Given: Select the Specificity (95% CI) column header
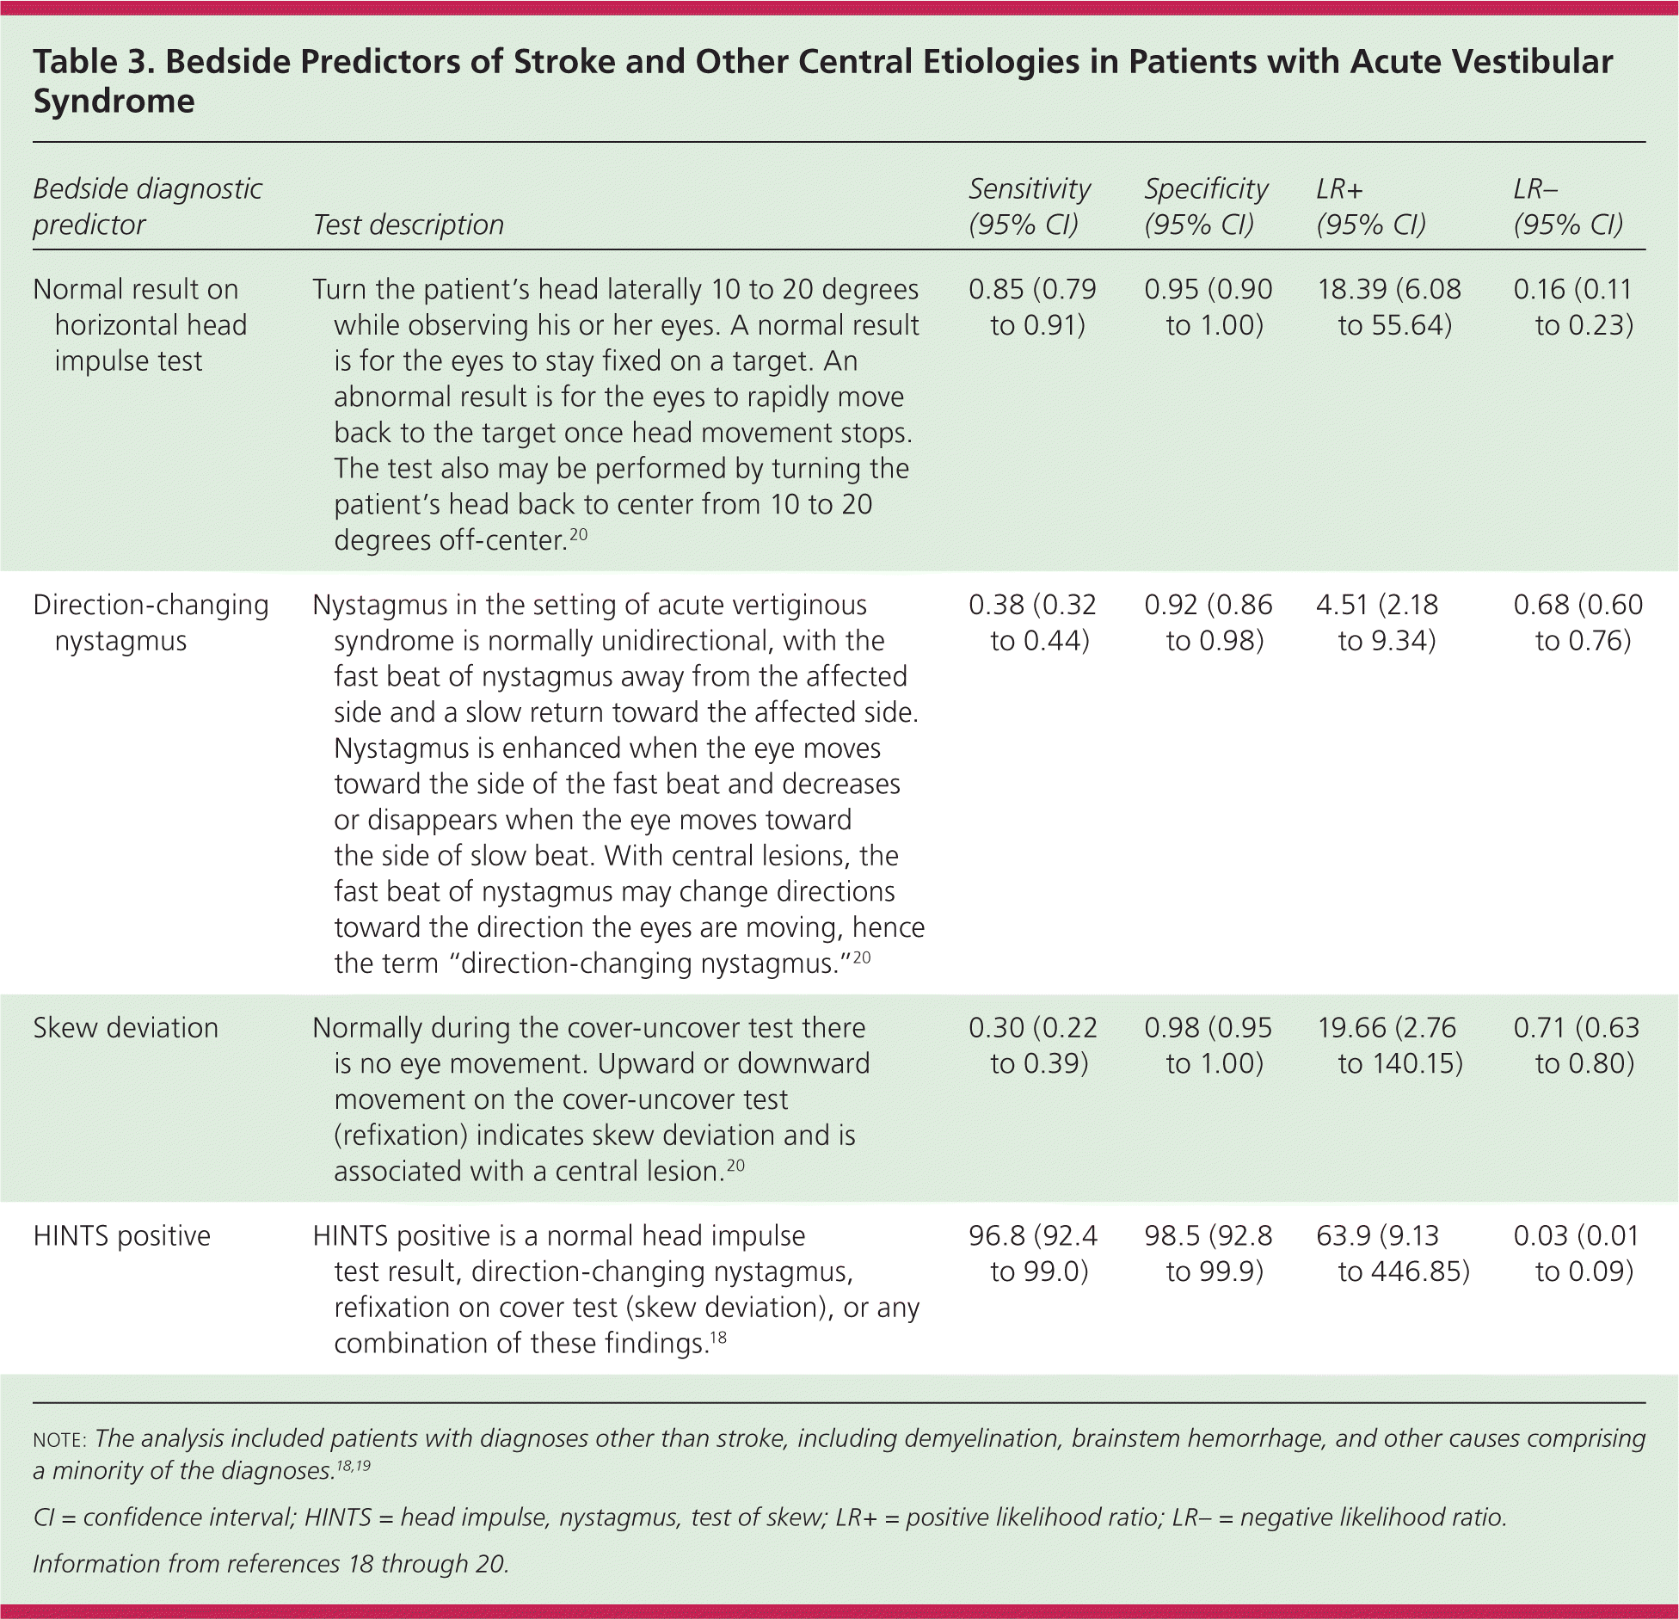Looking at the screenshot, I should click(x=1206, y=206).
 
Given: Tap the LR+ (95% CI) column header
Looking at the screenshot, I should click(x=1371, y=206).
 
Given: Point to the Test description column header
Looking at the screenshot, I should click(x=408, y=225).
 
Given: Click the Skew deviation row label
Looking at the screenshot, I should click(x=126, y=1028).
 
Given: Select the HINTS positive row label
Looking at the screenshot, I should click(x=121, y=1236).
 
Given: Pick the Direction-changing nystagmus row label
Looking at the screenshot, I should click(x=151, y=623).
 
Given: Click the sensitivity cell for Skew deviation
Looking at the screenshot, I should click(x=1032, y=1046).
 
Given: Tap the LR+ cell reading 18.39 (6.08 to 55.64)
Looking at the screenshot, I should click(x=1388, y=307).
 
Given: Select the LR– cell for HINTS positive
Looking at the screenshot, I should click(x=1578, y=1254).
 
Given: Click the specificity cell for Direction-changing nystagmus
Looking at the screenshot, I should click(x=1208, y=623).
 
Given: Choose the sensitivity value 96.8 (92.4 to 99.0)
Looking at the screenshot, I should click(x=1032, y=1254).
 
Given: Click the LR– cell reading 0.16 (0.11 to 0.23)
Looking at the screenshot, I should click(x=1574, y=307).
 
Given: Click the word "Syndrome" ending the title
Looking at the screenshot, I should click(x=114, y=102).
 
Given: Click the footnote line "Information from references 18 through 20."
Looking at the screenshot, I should click(x=271, y=1563).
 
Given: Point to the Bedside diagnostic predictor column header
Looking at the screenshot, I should click(x=147, y=206).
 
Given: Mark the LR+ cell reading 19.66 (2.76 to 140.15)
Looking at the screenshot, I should click(x=1390, y=1046).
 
